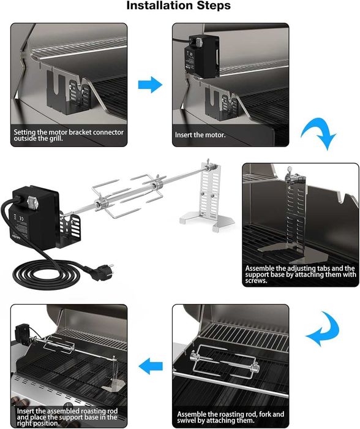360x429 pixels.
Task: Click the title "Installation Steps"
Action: (x=179, y=6)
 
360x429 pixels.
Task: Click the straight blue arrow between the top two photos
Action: (x=150, y=85)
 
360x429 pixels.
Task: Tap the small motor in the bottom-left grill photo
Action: (x=24, y=335)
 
